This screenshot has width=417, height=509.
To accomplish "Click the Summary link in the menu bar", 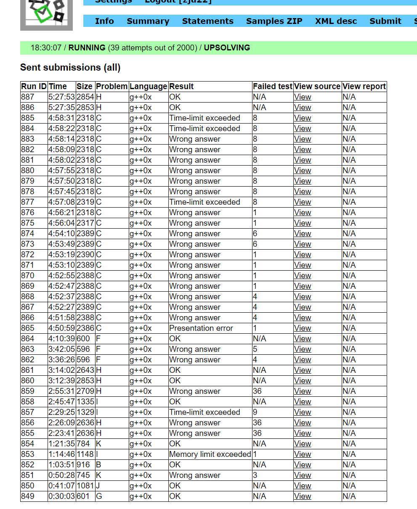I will point(148,21).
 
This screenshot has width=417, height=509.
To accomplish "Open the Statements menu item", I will point(207,21).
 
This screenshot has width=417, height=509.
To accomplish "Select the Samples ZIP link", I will point(274,21).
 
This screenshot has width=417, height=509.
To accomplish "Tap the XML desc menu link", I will point(336,21).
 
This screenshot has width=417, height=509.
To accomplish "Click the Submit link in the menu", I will point(385,21).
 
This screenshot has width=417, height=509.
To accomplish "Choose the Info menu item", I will point(104,21).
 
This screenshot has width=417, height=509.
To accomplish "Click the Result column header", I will point(181,87).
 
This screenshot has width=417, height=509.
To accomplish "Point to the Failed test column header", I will point(272,87).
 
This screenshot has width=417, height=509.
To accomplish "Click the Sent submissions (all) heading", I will point(70,67).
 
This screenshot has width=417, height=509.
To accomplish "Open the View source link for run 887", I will point(303,97).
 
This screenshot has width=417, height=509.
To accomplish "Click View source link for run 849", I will point(303,496).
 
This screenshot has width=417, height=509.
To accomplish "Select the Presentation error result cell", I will point(201,328).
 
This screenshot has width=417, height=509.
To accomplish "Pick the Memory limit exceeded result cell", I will point(210,454).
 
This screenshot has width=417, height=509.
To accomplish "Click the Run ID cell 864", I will point(28,339).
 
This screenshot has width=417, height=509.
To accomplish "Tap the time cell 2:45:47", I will point(61,402).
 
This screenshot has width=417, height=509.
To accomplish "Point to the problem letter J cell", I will point(98,486).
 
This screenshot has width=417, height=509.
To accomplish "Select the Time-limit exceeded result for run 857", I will point(205,412).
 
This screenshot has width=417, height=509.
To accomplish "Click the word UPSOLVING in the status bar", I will point(227,48).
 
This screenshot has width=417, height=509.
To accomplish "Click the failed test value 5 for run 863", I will point(255,349).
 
